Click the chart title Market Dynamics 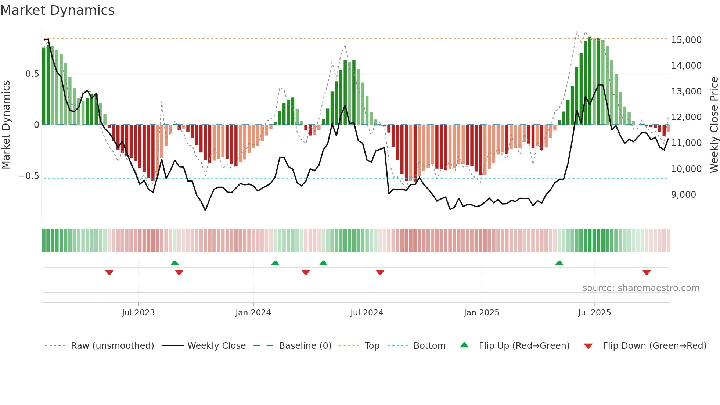(57, 10)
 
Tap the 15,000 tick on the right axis (686, 40)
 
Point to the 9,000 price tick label (683, 194)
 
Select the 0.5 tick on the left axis (32, 74)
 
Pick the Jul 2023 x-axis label (138, 313)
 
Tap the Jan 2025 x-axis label (481, 313)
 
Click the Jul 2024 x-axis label (367, 313)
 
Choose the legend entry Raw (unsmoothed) (112, 346)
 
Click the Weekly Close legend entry (216, 346)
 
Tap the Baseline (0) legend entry (305, 346)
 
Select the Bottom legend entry (429, 346)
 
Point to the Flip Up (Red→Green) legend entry (524, 346)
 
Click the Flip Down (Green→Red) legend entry (654, 346)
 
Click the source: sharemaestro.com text (641, 288)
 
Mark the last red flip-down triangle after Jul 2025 (647, 272)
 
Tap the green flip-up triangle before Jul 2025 (559, 263)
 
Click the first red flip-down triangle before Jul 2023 (109, 272)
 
